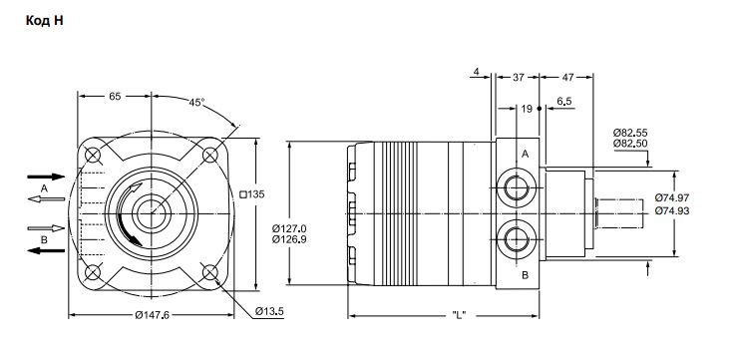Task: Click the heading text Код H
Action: (x=44, y=21)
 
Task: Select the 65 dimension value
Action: (x=115, y=96)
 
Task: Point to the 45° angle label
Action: (x=197, y=103)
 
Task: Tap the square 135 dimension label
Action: (x=252, y=194)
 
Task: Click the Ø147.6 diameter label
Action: (x=152, y=316)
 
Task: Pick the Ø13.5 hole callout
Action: (x=269, y=311)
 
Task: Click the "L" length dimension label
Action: (x=460, y=315)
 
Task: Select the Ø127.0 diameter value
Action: (x=290, y=228)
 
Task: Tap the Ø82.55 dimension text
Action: (x=630, y=133)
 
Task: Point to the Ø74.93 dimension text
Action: (x=672, y=211)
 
